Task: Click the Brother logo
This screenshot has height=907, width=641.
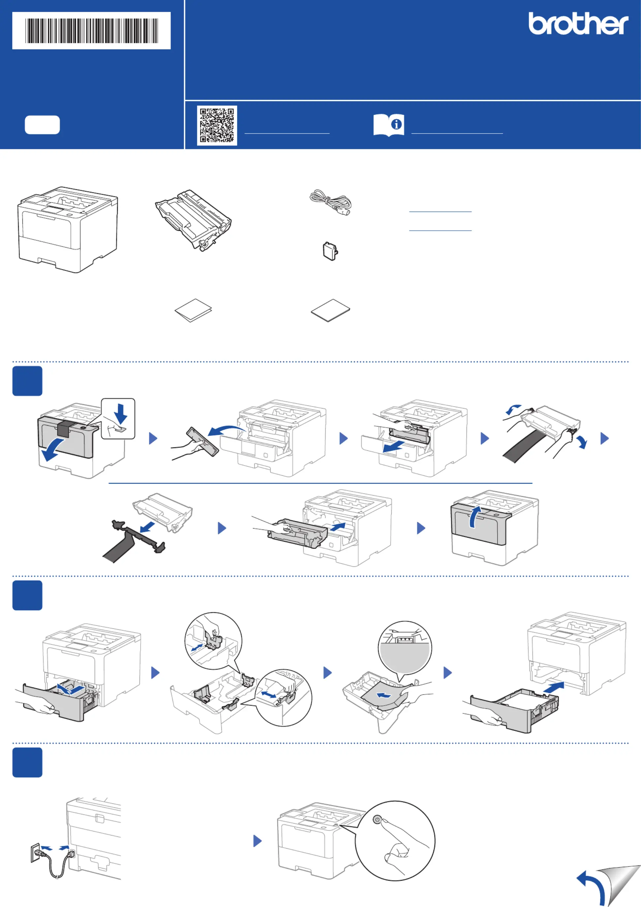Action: tap(578, 23)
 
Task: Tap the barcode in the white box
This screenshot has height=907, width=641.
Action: tap(92, 31)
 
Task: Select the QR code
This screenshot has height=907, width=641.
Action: tap(217, 125)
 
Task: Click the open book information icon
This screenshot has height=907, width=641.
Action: tap(389, 125)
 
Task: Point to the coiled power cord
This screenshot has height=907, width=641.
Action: tap(330, 202)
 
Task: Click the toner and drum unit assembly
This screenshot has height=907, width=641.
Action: tap(193, 219)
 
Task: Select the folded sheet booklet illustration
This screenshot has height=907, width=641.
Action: tap(193, 310)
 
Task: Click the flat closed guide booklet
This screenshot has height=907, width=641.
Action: tap(330, 310)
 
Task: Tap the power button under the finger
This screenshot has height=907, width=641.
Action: tap(377, 820)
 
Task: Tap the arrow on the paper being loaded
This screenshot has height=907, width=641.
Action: tap(383, 695)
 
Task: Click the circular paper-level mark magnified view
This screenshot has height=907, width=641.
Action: tap(405, 648)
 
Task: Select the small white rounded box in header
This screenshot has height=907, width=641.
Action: tap(42, 125)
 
